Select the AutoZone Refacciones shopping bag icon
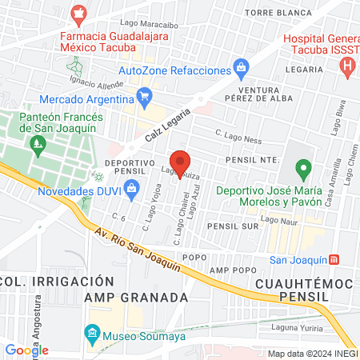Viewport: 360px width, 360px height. (239, 66)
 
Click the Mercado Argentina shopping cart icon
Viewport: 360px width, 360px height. (144, 98)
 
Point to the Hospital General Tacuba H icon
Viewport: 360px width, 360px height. (346, 66)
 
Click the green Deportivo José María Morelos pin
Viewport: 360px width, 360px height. (302, 169)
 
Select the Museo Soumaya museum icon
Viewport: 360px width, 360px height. (92, 332)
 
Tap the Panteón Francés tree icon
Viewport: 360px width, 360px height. (37, 145)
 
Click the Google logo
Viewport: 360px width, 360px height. (26, 350)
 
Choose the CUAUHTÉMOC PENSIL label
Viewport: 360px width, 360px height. (292, 290)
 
